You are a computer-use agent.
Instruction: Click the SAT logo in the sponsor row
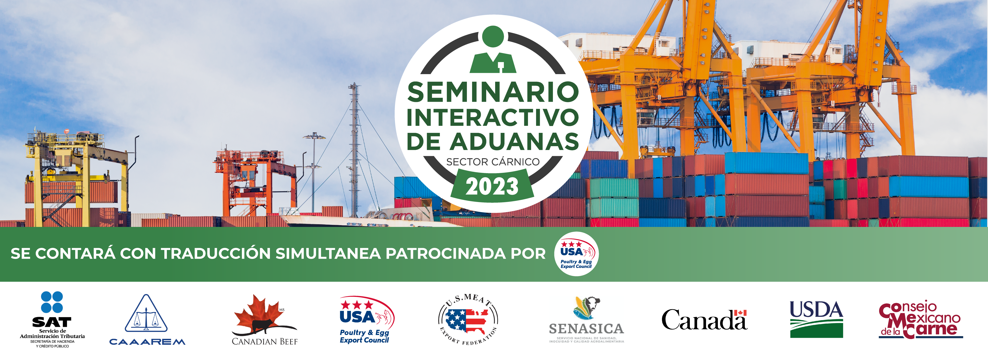tap(52, 319)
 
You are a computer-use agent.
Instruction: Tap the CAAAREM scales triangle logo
tap(147, 319)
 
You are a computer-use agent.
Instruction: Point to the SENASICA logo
tap(586, 319)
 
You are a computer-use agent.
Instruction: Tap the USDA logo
tap(816, 319)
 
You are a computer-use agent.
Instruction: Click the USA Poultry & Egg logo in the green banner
tap(576, 254)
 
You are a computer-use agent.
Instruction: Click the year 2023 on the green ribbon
tap(492, 187)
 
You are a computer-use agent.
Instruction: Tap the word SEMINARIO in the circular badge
tap(493, 92)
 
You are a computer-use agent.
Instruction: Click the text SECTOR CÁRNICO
tap(493, 162)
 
